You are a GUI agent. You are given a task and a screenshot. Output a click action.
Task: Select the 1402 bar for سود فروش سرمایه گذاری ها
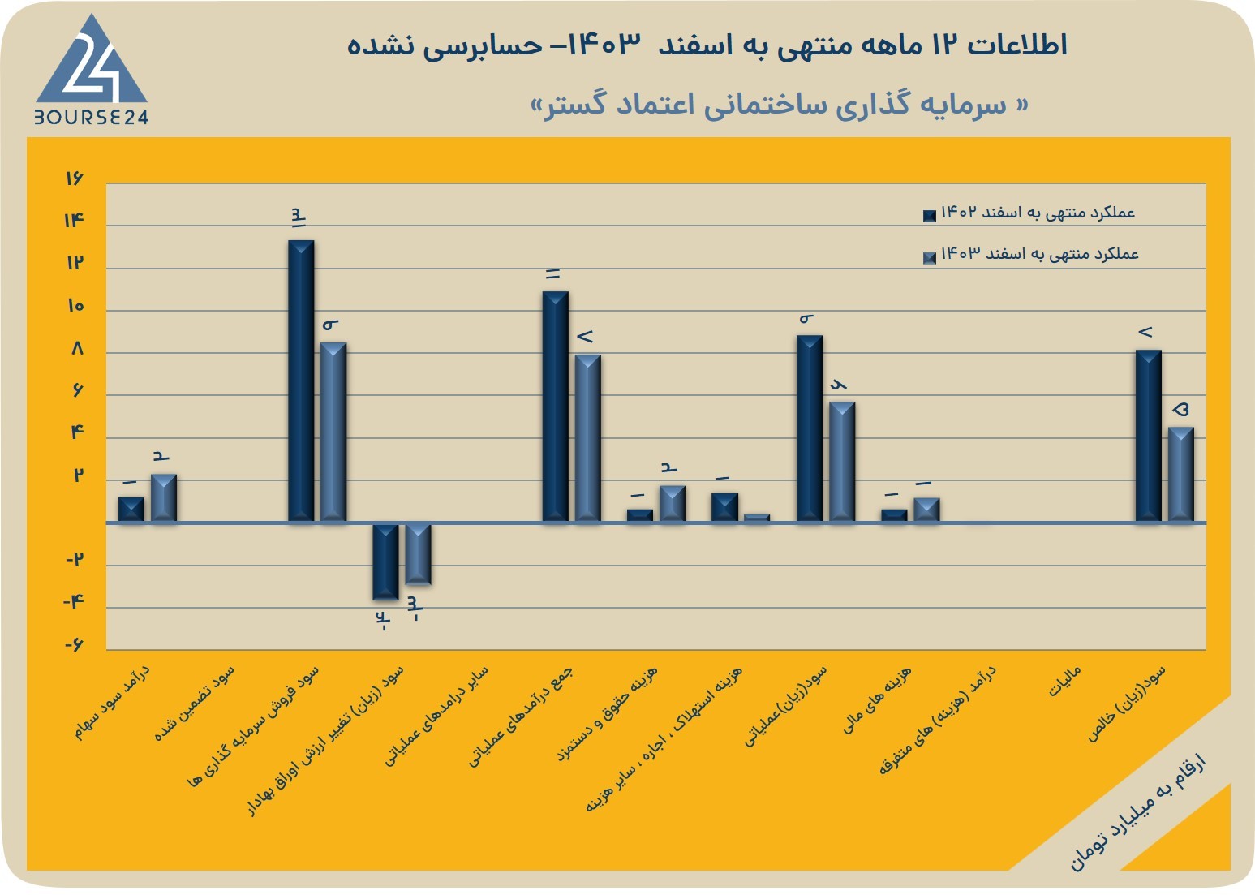click(x=301, y=381)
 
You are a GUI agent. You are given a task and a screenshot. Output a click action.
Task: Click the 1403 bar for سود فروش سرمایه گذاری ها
click(x=333, y=432)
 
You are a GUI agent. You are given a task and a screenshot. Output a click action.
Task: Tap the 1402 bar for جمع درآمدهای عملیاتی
click(x=555, y=407)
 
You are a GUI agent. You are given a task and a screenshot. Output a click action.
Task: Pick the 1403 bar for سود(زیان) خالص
click(x=1180, y=475)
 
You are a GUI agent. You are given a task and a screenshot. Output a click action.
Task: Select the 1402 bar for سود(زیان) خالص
click(x=1149, y=436)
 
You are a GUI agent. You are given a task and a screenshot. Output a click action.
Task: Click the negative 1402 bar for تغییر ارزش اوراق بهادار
click(x=385, y=562)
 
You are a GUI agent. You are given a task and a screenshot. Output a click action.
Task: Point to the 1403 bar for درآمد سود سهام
click(x=164, y=498)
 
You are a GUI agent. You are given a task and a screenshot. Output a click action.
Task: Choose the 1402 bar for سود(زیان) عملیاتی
click(x=810, y=428)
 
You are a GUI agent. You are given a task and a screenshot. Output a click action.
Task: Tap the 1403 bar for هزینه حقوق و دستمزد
click(x=672, y=504)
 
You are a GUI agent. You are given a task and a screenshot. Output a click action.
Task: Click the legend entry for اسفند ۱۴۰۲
click(x=1029, y=213)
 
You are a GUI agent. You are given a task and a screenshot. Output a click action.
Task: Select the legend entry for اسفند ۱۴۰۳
click(x=1031, y=255)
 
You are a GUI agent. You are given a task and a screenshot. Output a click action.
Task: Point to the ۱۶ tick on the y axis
click(x=74, y=179)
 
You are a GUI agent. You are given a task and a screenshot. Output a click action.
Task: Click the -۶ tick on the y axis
click(x=73, y=645)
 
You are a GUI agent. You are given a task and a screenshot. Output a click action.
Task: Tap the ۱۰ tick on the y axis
click(x=75, y=306)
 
